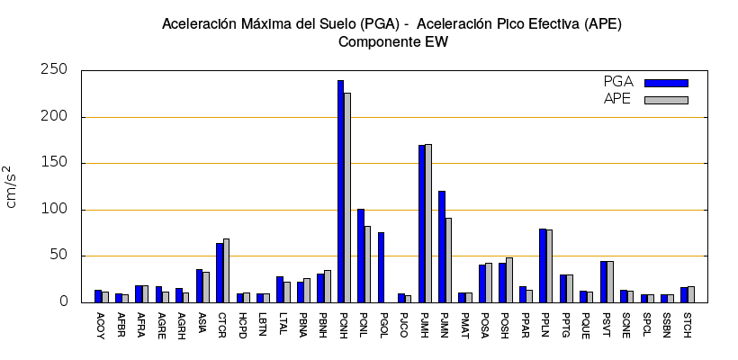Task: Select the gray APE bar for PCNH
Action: pos(347,197)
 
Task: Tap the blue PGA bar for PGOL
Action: pos(381,267)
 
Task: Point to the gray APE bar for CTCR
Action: pos(226,270)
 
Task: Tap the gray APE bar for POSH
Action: pos(509,280)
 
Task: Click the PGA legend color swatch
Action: pos(666,83)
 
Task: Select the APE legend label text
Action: pos(617,99)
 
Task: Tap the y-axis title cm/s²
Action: pos(12,186)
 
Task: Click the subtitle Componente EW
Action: pos(392,41)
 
